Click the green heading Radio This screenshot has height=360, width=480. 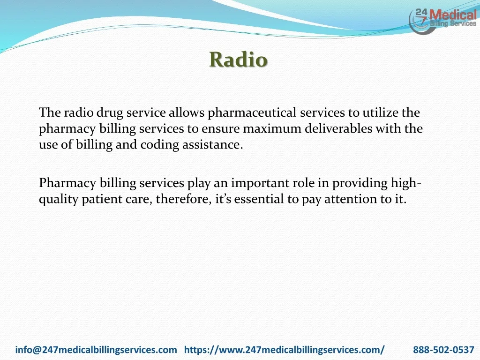click(239, 60)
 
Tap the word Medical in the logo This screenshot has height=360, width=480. click(453, 15)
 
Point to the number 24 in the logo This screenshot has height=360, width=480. click(421, 13)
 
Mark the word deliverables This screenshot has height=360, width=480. click(338, 128)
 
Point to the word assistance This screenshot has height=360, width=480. click(212, 144)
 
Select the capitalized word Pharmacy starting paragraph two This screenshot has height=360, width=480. click(67, 184)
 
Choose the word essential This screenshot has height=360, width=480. click(259, 199)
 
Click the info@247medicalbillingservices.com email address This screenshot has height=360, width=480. click(96, 350)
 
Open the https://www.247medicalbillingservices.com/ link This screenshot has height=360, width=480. click(285, 350)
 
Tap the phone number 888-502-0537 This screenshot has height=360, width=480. click(443, 350)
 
